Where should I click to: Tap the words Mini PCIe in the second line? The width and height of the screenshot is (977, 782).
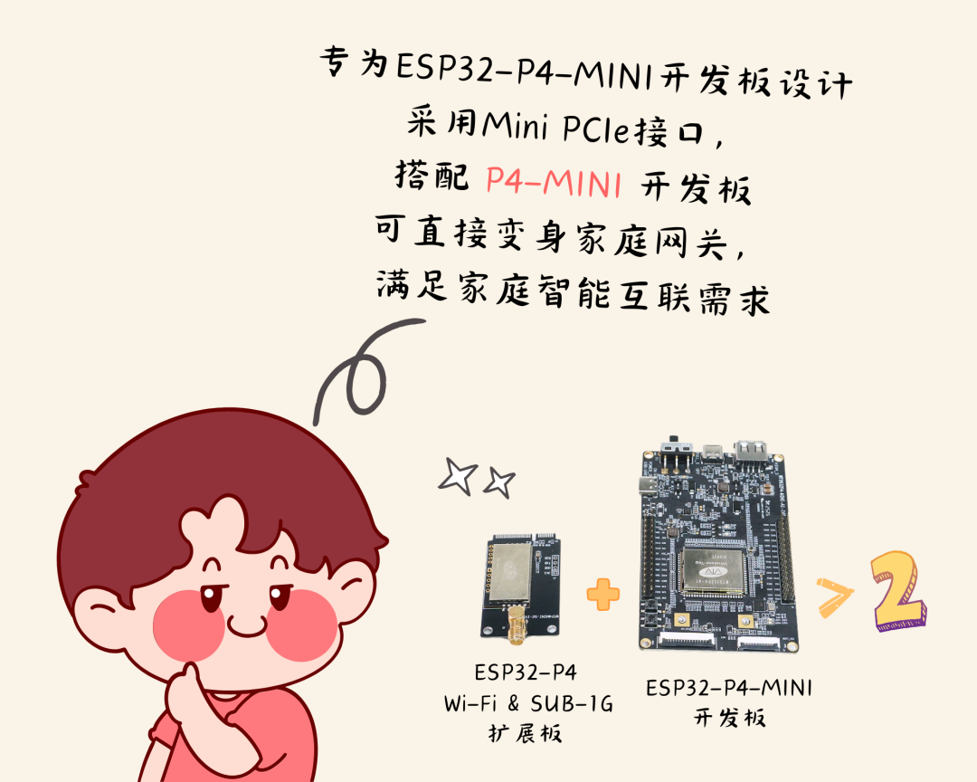tap(556, 127)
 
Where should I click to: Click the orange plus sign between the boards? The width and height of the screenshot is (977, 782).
tap(603, 595)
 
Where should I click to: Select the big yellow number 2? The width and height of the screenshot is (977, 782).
tap(898, 590)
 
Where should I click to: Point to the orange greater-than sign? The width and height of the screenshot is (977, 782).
tap(835, 598)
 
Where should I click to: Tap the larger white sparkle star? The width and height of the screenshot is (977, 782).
tap(458, 476)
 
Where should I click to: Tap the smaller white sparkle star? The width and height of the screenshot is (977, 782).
tap(499, 482)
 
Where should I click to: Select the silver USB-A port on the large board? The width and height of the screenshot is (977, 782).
tap(752, 450)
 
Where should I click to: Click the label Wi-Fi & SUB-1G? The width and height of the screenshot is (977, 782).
tap(528, 703)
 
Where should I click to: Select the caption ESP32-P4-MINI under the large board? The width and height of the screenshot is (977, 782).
tap(729, 688)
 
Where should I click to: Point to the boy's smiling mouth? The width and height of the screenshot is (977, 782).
tap(247, 626)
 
